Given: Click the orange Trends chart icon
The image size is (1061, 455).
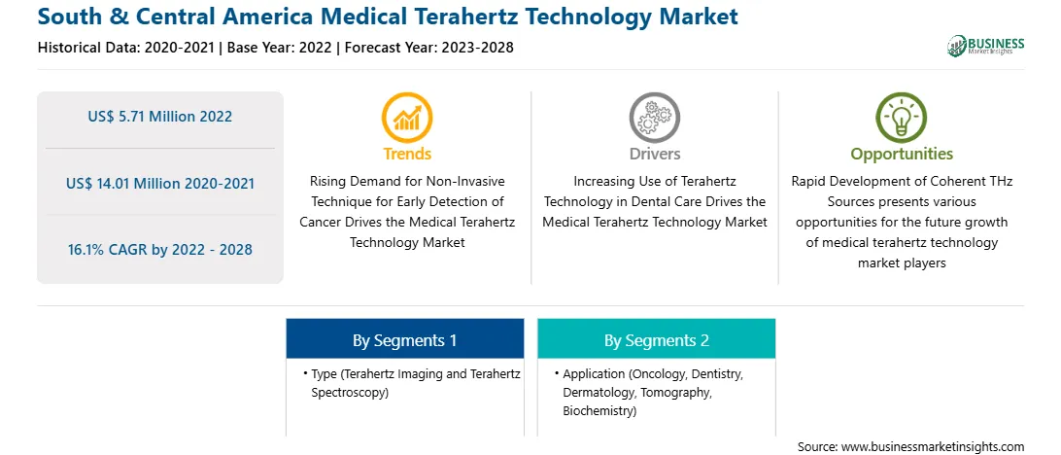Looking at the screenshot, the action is pos(407,118).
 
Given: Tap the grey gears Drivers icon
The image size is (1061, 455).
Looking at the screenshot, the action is pos(654,118).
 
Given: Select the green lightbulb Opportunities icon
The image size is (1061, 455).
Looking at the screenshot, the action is pos(902,118).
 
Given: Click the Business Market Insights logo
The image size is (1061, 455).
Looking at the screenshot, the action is pos(985,46).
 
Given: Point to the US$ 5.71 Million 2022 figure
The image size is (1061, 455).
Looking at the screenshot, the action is pos(159,117).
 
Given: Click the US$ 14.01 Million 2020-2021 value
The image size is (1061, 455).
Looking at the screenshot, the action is pos(160,183).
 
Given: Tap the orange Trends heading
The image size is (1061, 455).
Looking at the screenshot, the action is pos(407,154).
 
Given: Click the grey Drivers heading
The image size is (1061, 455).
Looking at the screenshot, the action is pos(655,154).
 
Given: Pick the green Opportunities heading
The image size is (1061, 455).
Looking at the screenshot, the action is pos(902,155).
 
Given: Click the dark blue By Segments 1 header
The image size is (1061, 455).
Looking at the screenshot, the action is pos(404,339).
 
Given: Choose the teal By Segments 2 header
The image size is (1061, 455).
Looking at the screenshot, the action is pos(657,339).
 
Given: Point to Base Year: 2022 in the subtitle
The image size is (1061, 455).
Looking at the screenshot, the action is pos(280,48).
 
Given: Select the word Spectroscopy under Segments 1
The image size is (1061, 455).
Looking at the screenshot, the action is pos(350,393).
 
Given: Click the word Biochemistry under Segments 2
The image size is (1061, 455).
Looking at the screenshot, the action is pos(599,411).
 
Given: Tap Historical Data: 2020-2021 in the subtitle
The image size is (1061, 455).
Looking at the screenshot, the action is pos(127,48).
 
